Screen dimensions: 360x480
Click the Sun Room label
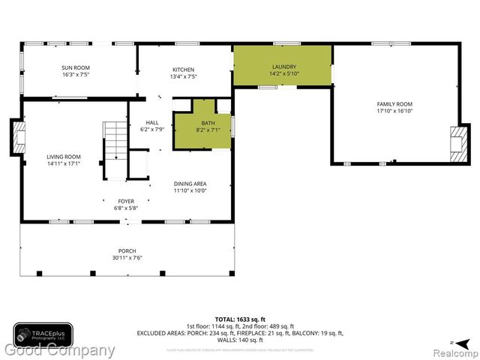click(x=75, y=67)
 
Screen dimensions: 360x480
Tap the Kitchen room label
click(x=183, y=69)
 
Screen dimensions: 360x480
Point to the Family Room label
click(x=394, y=103)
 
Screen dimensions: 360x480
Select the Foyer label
click(x=125, y=201)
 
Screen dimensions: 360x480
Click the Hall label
click(x=152, y=121)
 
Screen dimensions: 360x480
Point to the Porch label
click(x=127, y=250)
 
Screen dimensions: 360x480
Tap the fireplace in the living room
click(x=17, y=136)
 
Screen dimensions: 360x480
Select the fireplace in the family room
click(x=456, y=142)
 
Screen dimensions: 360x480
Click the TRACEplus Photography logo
click(x=43, y=333)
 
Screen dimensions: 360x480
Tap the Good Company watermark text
click(x=60, y=351)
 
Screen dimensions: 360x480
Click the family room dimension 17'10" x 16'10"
click(x=394, y=111)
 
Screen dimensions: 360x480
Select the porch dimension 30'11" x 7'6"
click(x=127, y=258)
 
